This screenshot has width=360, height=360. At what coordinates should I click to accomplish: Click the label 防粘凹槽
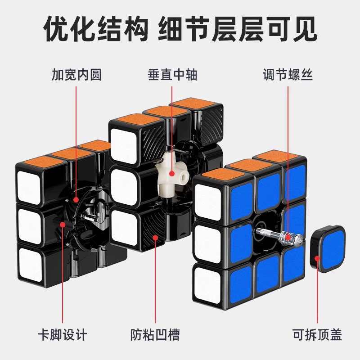pyautogui.click(x=156, y=335)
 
